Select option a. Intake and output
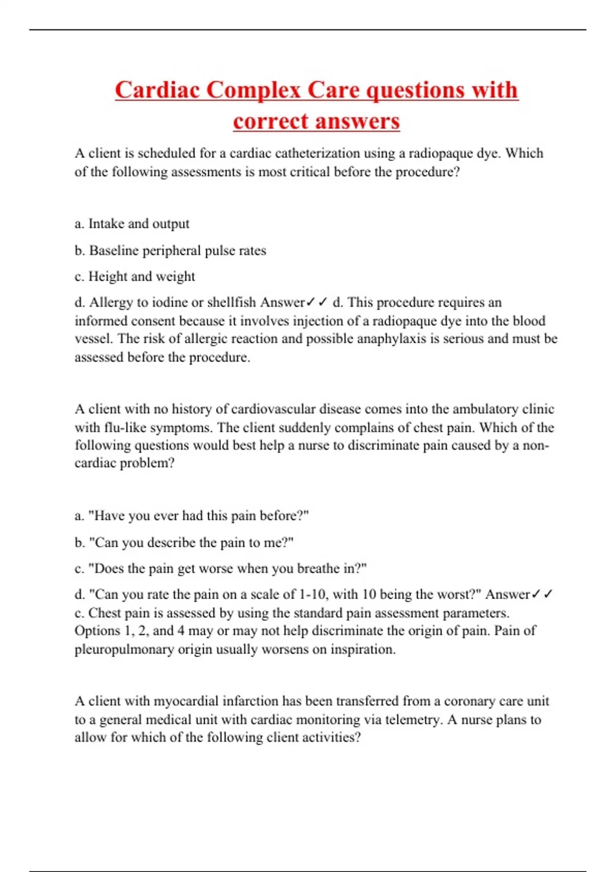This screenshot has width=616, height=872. pyautogui.click(x=132, y=224)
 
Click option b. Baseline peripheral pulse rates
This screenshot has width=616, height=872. pyautogui.click(x=170, y=250)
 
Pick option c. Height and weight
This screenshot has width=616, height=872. pyautogui.click(x=134, y=276)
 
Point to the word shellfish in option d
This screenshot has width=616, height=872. pyautogui.click(x=232, y=303)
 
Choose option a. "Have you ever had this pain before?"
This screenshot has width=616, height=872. pyautogui.click(x=191, y=516)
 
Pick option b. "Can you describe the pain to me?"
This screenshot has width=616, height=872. pyautogui.click(x=184, y=542)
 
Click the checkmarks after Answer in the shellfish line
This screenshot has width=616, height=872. pyautogui.click(x=317, y=303)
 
